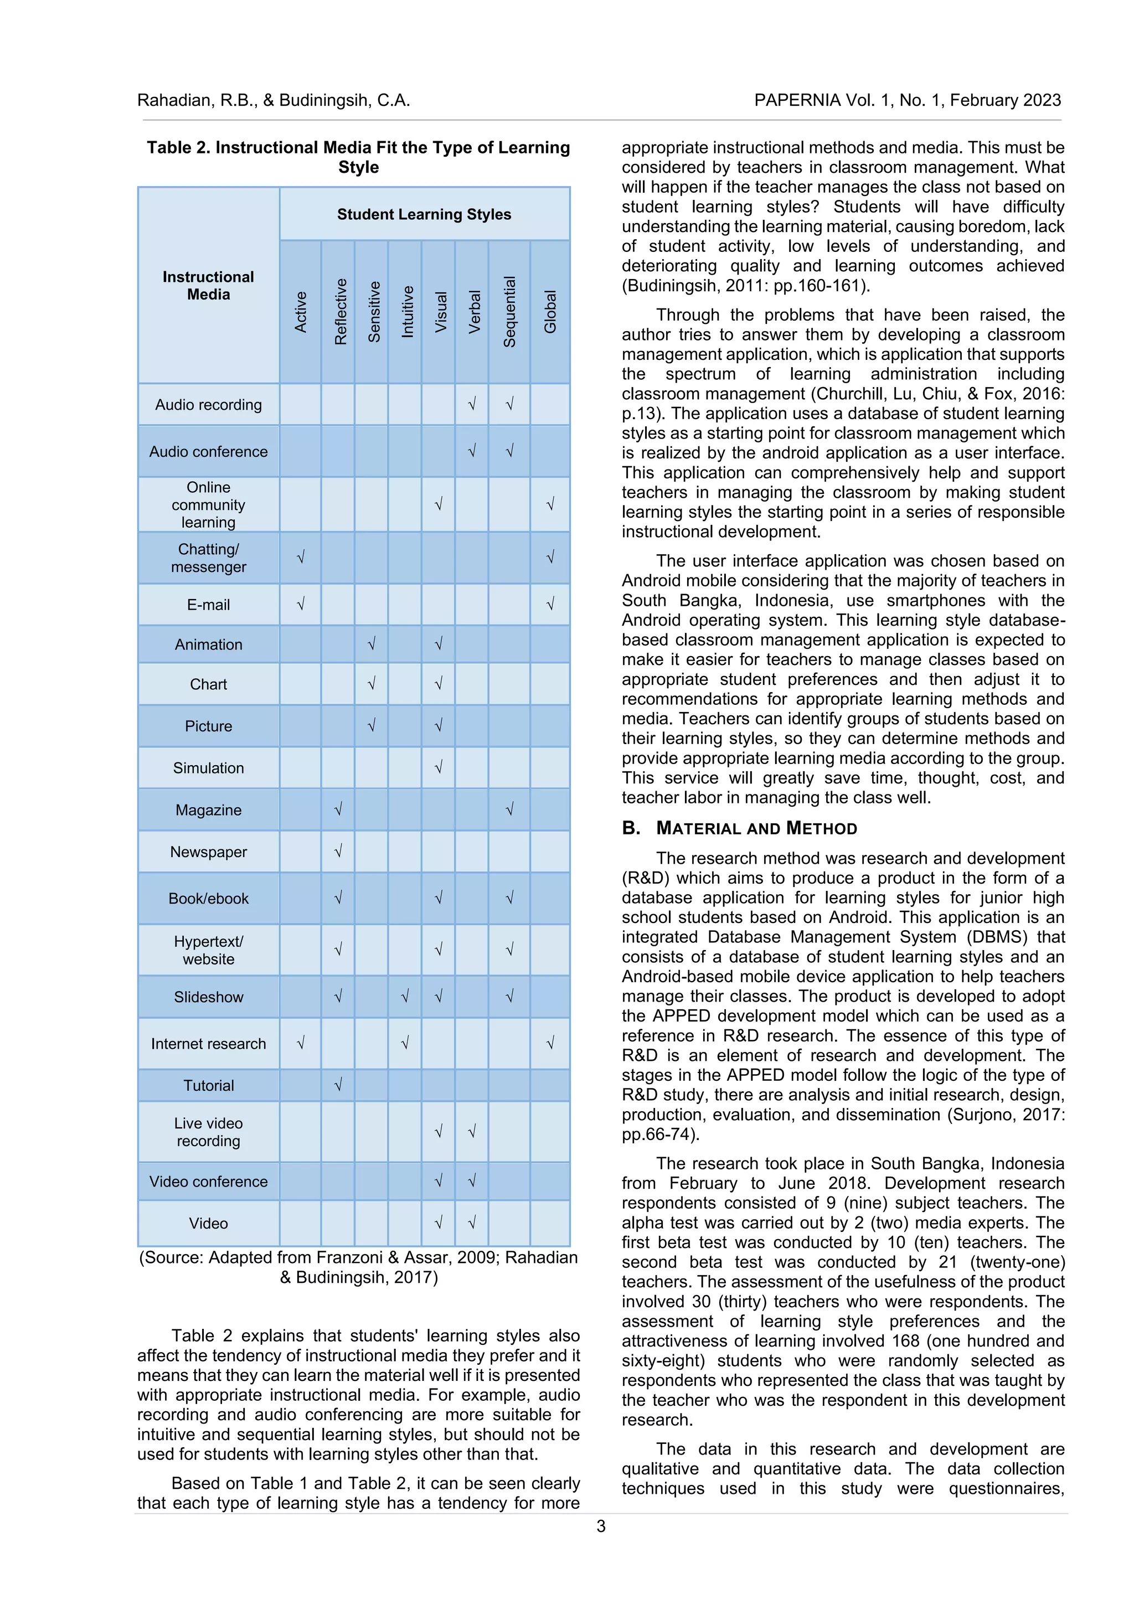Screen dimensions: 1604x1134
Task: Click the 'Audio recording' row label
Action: [208, 405]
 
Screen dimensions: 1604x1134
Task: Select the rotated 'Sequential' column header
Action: [509, 312]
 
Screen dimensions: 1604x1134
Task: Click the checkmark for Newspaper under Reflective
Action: [338, 851]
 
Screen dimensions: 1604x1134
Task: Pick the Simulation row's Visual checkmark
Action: [438, 767]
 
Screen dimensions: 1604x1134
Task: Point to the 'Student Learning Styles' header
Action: [424, 214]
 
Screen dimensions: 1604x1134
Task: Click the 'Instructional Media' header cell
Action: [208, 285]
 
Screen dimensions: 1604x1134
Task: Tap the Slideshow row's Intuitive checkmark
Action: [405, 996]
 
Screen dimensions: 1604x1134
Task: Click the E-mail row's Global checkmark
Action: [550, 604]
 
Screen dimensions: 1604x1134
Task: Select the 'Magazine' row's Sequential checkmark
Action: [509, 809]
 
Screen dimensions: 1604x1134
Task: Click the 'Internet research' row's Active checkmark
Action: [301, 1043]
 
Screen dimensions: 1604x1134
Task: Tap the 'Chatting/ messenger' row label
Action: [208, 558]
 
